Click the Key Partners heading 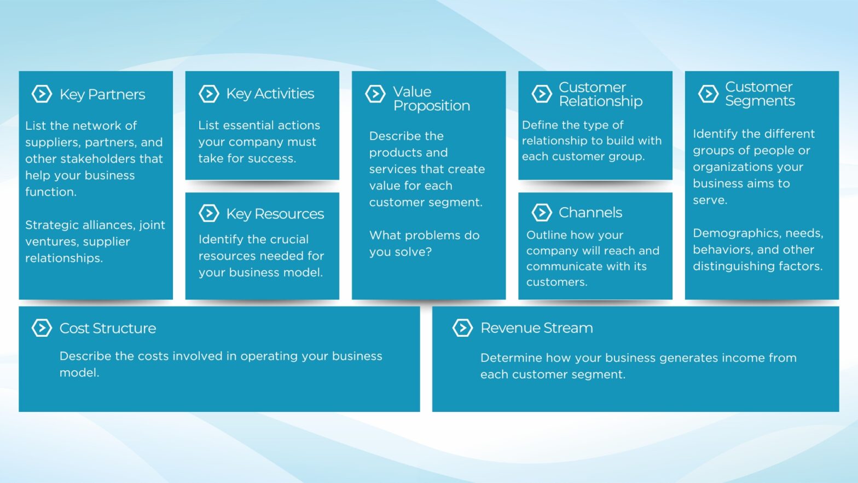pos(102,94)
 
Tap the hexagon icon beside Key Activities pos(208,94)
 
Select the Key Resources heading pos(275,214)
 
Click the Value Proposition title pos(431,99)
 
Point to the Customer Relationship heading pos(600,94)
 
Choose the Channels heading pos(590,212)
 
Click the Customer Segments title pos(760,94)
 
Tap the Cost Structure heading pos(108,328)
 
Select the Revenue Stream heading pos(536,327)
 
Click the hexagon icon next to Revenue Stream pos(462,328)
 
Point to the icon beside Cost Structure pos(42,328)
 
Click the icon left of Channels pos(541,212)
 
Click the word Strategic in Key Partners pos(52,225)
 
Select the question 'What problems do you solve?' pos(424,243)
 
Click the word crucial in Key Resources pos(293,239)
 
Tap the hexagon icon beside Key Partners pos(42,94)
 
